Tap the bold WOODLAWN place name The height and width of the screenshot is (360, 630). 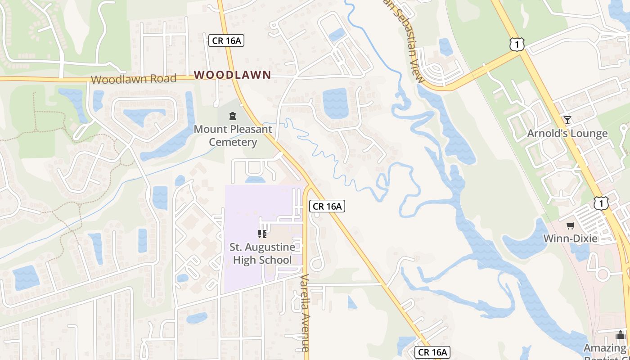(x=233, y=75)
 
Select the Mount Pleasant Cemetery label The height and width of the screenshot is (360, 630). (x=233, y=136)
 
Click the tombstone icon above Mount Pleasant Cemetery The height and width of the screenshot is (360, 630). (x=233, y=116)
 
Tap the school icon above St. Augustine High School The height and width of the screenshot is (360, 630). (x=262, y=234)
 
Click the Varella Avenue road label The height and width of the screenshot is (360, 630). (x=305, y=312)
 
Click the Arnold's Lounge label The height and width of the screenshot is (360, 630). (x=567, y=134)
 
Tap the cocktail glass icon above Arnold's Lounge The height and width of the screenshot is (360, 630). (x=567, y=120)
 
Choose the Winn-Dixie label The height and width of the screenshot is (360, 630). (x=571, y=238)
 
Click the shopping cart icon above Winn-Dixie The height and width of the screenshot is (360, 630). (x=570, y=225)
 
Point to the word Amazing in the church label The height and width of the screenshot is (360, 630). (x=605, y=348)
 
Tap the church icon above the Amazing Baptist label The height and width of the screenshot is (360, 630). (x=621, y=335)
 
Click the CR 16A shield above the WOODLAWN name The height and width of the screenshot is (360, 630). (x=226, y=41)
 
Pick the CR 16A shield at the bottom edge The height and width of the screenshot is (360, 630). (x=432, y=352)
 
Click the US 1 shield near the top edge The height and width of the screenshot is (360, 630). (x=517, y=44)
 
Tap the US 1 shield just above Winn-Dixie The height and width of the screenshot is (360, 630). (x=601, y=203)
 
